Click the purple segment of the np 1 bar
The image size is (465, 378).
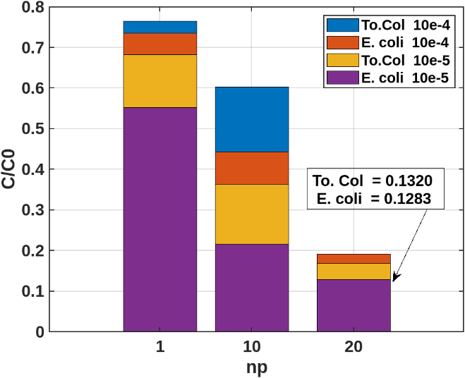coord(159,219)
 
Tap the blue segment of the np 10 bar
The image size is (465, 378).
coord(252,119)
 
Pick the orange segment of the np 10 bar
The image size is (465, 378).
coord(252,168)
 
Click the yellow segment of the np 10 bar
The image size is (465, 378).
coord(252,214)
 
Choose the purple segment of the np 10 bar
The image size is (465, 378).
coord(252,287)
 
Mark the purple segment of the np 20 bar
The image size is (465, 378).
coord(354,305)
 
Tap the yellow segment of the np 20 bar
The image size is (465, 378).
coord(354,272)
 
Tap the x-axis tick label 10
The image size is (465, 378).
coord(252,348)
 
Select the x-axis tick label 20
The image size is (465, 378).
coord(354,348)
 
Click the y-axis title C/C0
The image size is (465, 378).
coord(11,169)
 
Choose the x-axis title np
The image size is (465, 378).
coord(256,367)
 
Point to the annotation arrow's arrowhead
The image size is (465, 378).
coord(394,279)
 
